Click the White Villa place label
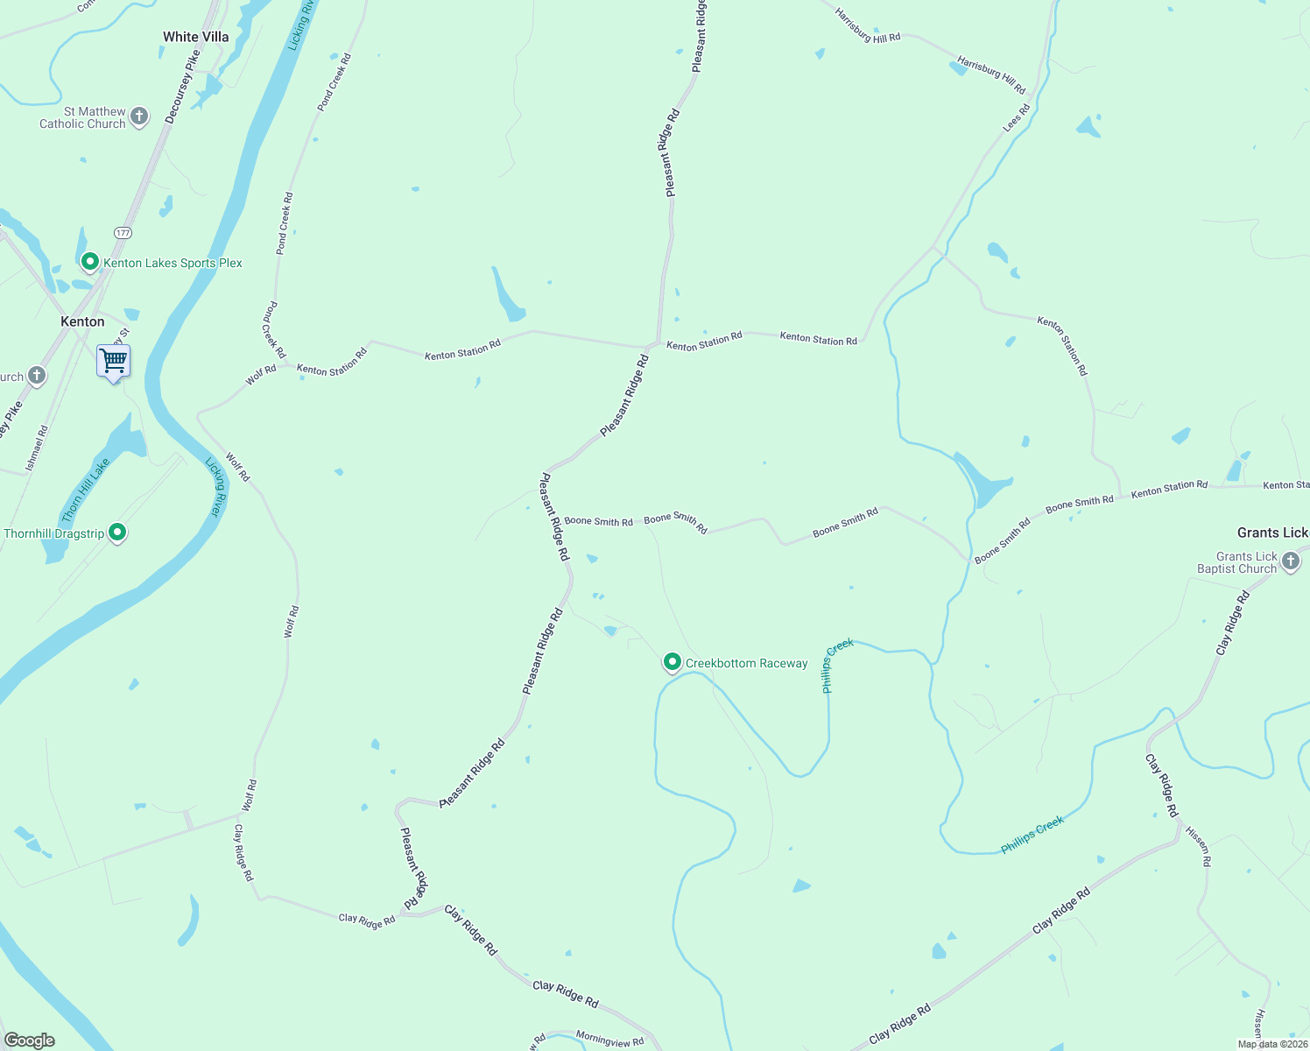pyautogui.click(x=195, y=37)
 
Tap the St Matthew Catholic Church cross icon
pyautogui.click(x=139, y=116)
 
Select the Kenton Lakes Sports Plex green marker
pyautogui.click(x=89, y=261)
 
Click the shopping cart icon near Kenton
pyautogui.click(x=113, y=360)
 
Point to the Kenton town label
pyautogui.click(x=82, y=321)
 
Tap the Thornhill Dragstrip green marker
pyautogui.click(x=117, y=532)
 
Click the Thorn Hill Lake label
pyautogui.click(x=85, y=490)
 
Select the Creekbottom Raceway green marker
pyautogui.click(x=672, y=662)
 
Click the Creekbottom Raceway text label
pyautogui.click(x=746, y=663)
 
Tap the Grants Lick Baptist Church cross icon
pyautogui.click(x=1291, y=561)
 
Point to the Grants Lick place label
pyautogui.click(x=1271, y=533)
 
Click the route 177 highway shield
pyautogui.click(x=123, y=233)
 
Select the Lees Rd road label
pyautogui.click(x=1016, y=118)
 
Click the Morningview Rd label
pyautogui.click(x=609, y=1040)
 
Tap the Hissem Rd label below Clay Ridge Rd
pyautogui.click(x=1198, y=845)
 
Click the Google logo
pyautogui.click(x=29, y=1040)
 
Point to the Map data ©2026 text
pyautogui.click(x=1272, y=1044)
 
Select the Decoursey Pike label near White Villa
pyautogui.click(x=182, y=86)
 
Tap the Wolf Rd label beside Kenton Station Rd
pyautogui.click(x=261, y=375)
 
